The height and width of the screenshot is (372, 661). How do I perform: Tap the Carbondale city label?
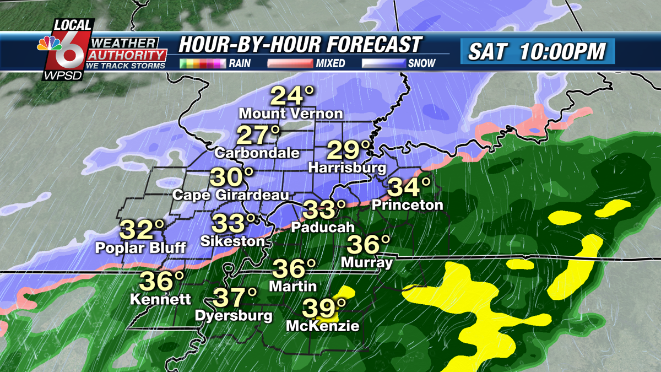257,153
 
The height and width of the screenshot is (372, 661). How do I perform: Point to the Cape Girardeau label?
230,195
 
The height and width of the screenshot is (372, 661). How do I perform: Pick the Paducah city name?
319,227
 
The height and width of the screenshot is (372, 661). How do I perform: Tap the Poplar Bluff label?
140,247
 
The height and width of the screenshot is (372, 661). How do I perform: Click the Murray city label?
367,262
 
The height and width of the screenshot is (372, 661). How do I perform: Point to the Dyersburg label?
234,316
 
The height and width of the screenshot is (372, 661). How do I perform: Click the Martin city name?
293,286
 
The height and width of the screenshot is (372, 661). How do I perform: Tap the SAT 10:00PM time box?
537,51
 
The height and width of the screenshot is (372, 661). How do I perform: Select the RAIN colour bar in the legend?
203,63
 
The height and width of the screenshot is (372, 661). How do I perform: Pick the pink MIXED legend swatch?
290,63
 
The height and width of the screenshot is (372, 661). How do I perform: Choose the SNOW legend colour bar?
383,63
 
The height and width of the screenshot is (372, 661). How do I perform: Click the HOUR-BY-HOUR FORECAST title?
300,45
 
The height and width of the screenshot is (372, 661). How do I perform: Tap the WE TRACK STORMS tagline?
126,66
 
